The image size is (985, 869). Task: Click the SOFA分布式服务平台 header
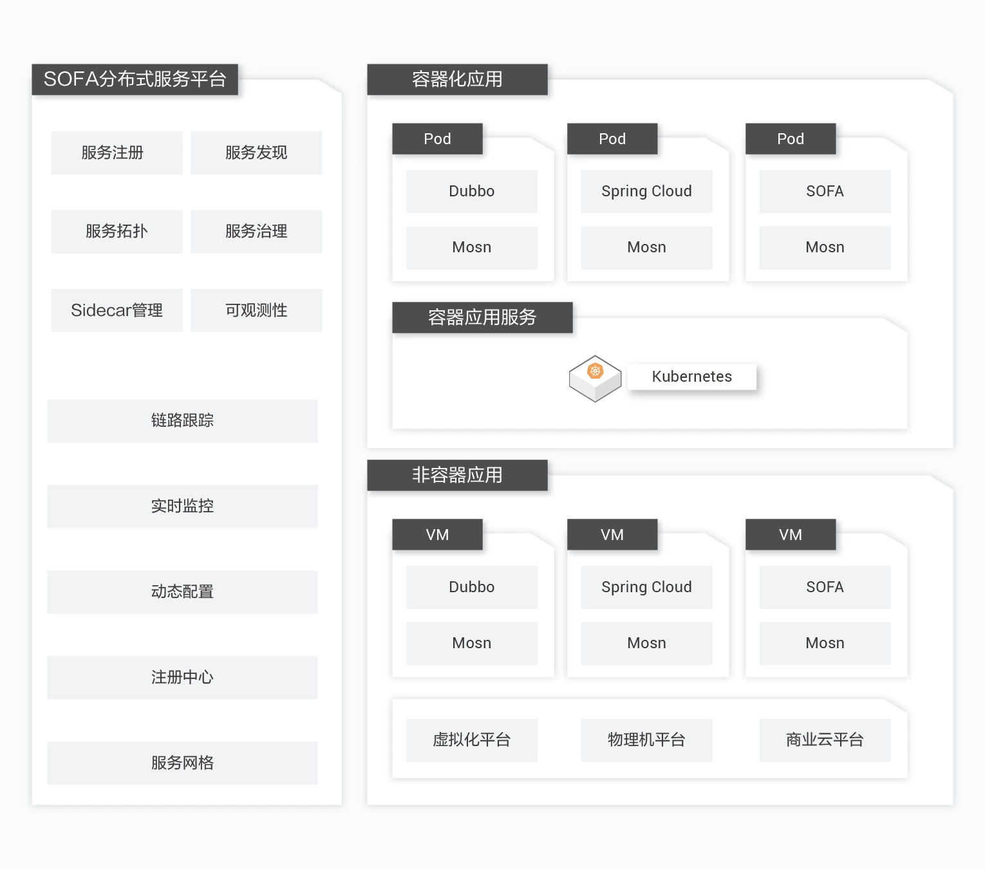(135, 79)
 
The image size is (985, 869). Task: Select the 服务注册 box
(117, 153)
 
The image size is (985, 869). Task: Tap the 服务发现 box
(256, 153)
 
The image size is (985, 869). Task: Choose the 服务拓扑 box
(117, 231)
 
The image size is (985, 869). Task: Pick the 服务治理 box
(256, 231)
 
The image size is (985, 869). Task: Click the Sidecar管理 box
(117, 310)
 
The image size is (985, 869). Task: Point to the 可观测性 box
(256, 310)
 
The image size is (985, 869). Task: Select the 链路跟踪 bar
(182, 420)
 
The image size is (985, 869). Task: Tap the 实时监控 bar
(182, 506)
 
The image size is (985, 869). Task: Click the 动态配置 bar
(182, 592)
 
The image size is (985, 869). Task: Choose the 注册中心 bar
(182, 677)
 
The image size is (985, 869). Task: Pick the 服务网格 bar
(182, 763)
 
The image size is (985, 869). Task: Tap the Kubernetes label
(691, 377)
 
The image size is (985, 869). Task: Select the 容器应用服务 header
(482, 317)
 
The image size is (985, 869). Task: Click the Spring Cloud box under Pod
(646, 191)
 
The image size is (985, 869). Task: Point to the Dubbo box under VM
(471, 587)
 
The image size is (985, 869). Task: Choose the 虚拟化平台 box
(471, 740)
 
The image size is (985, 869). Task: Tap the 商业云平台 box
(825, 740)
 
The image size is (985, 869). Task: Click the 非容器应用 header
(457, 475)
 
